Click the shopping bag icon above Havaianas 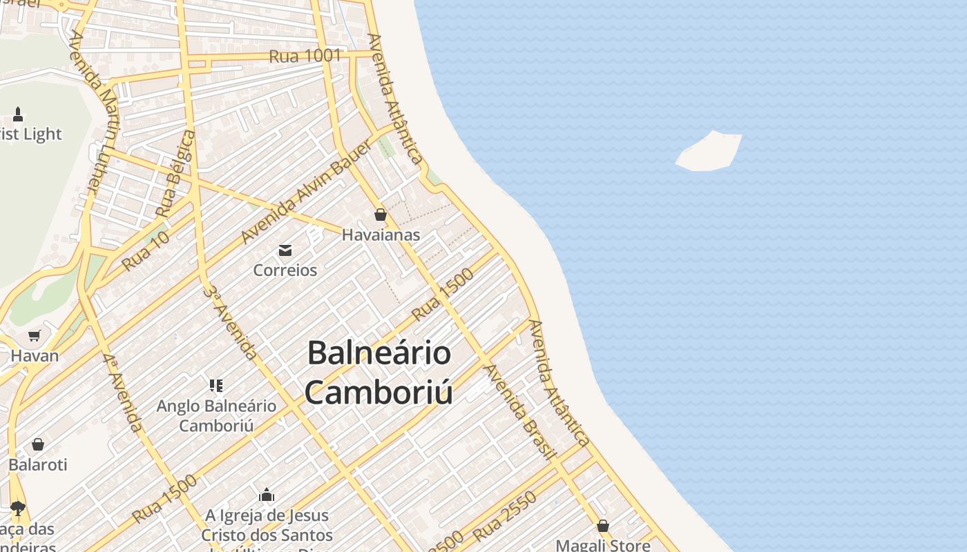click(380, 215)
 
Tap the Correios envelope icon click(285, 250)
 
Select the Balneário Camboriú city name click(379, 373)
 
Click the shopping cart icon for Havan click(35, 335)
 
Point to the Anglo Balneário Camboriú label click(216, 415)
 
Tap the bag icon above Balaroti click(38, 444)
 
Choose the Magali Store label click(603, 545)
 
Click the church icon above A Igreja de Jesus click(267, 495)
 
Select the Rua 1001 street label click(305, 56)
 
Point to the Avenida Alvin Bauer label click(301, 201)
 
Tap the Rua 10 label click(145, 250)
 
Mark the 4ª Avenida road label click(124, 393)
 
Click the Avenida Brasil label click(519, 411)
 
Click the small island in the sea click(709, 151)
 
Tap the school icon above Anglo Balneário click(216, 385)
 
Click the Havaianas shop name click(381, 235)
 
